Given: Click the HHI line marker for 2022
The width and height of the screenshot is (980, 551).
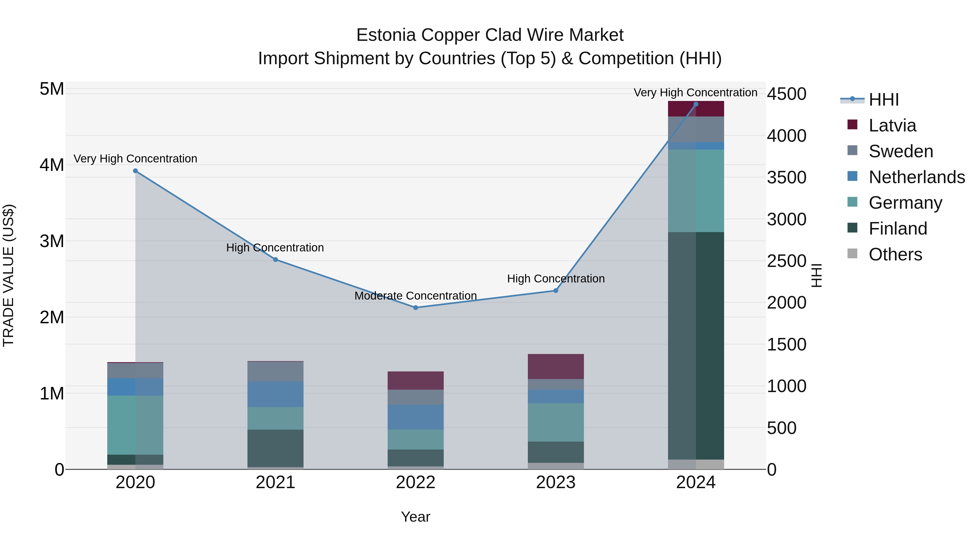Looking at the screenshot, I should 415,308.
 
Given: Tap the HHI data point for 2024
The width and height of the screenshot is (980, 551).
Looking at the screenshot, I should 696,104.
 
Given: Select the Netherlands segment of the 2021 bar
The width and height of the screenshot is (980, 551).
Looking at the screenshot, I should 275,394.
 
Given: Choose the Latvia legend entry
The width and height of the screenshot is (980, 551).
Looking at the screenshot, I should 892,125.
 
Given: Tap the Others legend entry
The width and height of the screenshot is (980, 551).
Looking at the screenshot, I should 895,254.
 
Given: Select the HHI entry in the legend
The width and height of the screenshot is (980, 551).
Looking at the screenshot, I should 883,100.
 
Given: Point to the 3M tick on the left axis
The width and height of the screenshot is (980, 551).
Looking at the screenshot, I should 52,241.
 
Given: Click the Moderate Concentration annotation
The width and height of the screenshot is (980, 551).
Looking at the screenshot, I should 415,295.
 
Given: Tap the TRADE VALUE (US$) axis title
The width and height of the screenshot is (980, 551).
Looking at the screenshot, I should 8,275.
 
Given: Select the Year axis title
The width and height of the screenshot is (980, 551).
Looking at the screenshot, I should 415,517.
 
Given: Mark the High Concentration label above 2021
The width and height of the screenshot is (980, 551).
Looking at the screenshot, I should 275,248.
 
